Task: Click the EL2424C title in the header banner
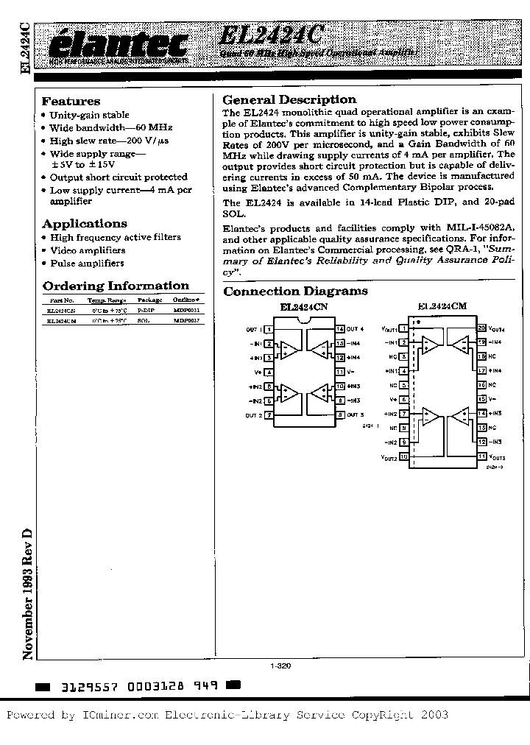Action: [x=271, y=35]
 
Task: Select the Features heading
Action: [x=71, y=102]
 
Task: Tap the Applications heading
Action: [x=85, y=224]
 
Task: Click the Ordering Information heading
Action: [x=116, y=286]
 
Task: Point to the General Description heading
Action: [x=289, y=99]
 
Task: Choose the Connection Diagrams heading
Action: [x=295, y=292]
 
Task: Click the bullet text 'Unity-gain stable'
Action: [x=89, y=115]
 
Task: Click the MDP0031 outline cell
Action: [x=186, y=311]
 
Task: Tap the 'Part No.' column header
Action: [x=62, y=300]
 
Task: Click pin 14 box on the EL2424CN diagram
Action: [x=340, y=329]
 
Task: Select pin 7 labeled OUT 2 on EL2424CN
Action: [x=269, y=415]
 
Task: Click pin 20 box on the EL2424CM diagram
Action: [x=481, y=328]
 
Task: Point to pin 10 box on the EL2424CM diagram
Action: [x=403, y=457]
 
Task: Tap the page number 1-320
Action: [x=280, y=665]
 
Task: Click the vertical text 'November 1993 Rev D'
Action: [x=27, y=593]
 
